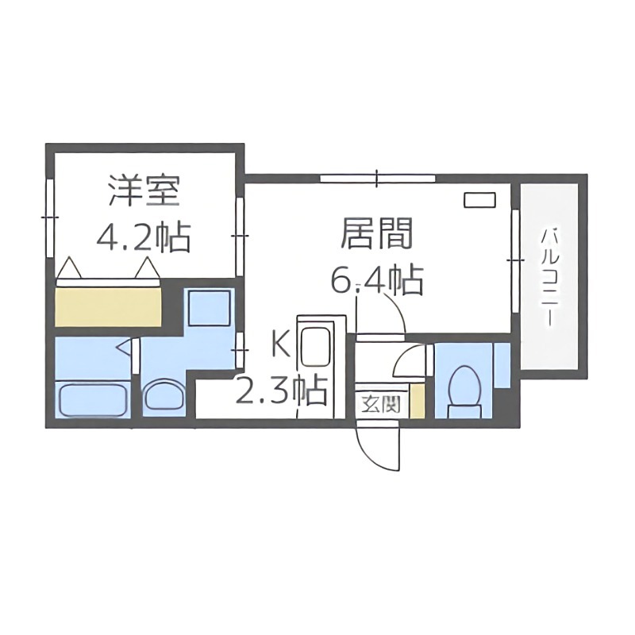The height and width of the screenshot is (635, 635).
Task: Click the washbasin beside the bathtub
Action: [x=165, y=395]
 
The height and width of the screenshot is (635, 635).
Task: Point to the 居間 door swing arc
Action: [x=397, y=314]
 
